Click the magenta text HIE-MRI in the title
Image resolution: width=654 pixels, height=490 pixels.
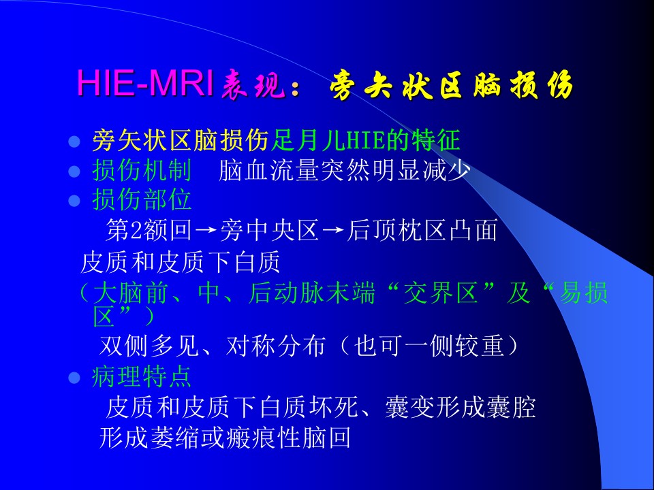(146, 83)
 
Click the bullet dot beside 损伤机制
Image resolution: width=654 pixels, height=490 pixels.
(74, 171)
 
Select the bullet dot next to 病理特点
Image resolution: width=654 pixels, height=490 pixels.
(74, 378)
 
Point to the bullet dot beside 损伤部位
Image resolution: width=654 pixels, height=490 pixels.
(74, 200)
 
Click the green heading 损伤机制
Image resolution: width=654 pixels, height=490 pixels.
(142, 170)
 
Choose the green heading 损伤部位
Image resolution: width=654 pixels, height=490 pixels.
(142, 199)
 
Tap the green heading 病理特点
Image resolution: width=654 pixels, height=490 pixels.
(142, 376)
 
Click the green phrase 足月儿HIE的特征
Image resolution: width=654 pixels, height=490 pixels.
(366, 140)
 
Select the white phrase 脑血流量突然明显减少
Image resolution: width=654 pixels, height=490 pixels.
(345, 170)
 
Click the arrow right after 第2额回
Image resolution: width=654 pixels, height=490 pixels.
(206, 230)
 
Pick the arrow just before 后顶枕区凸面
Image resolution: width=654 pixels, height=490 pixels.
(333, 230)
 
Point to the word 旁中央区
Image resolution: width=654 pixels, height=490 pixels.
(269, 229)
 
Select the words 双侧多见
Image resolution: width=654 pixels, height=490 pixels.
(149, 346)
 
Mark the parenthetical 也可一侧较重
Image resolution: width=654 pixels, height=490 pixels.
(429, 346)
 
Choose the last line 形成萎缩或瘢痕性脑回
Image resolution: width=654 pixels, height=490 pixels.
(225, 438)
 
